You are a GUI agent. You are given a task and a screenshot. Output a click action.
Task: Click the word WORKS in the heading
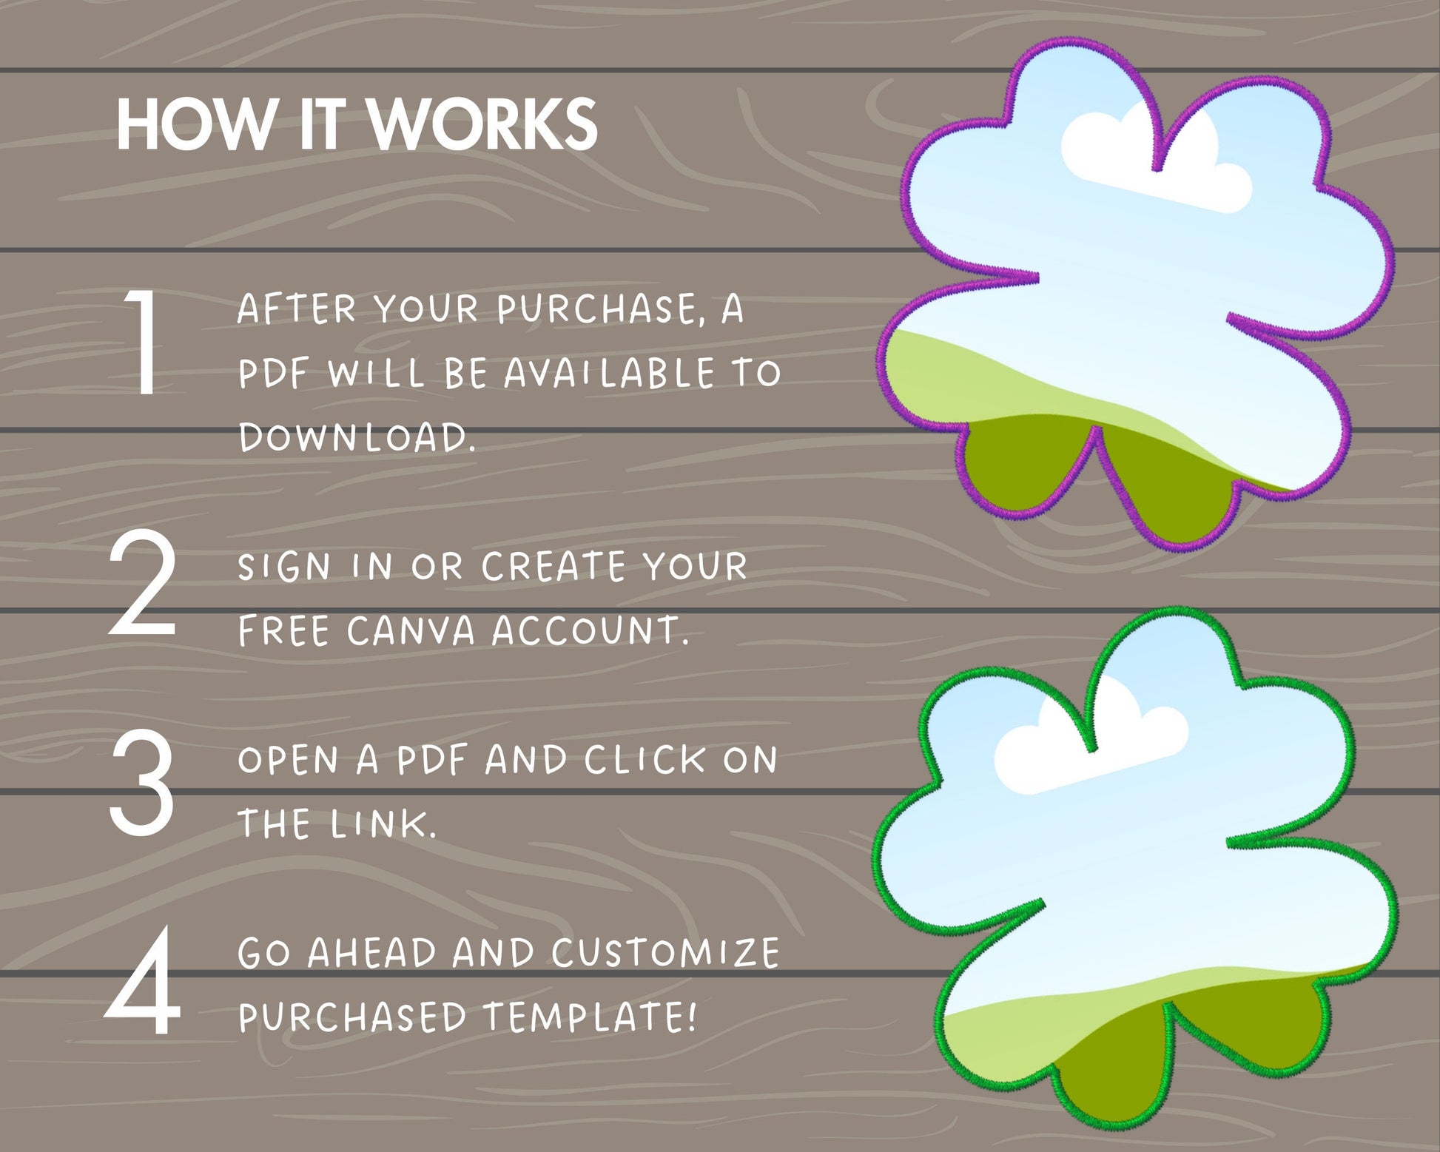484,124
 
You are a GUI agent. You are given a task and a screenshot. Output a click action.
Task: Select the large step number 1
142,342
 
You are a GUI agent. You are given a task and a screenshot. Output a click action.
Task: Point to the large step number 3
142,783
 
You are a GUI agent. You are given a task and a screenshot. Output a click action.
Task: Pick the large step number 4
143,981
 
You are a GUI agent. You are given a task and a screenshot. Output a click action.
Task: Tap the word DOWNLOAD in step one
357,437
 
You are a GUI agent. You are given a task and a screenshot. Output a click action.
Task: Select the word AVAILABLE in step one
610,373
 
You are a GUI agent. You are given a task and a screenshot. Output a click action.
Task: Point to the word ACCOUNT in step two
591,631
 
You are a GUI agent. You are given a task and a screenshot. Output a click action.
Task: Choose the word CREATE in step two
554,567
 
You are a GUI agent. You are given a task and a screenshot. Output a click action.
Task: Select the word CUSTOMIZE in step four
665,952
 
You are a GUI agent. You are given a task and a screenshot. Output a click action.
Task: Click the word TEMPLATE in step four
591,1017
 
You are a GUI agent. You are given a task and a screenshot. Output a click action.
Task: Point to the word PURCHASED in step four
352,1017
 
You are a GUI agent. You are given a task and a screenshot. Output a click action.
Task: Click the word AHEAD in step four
372,952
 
